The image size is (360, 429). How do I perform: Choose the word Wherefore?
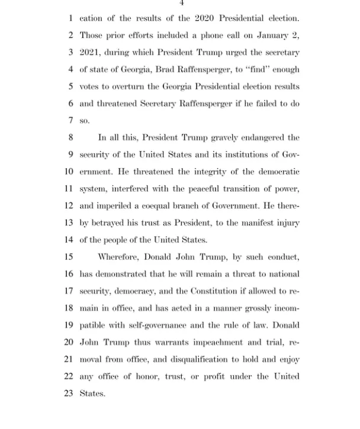click(x=118, y=257)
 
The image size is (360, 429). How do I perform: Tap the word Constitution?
click(x=213, y=291)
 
